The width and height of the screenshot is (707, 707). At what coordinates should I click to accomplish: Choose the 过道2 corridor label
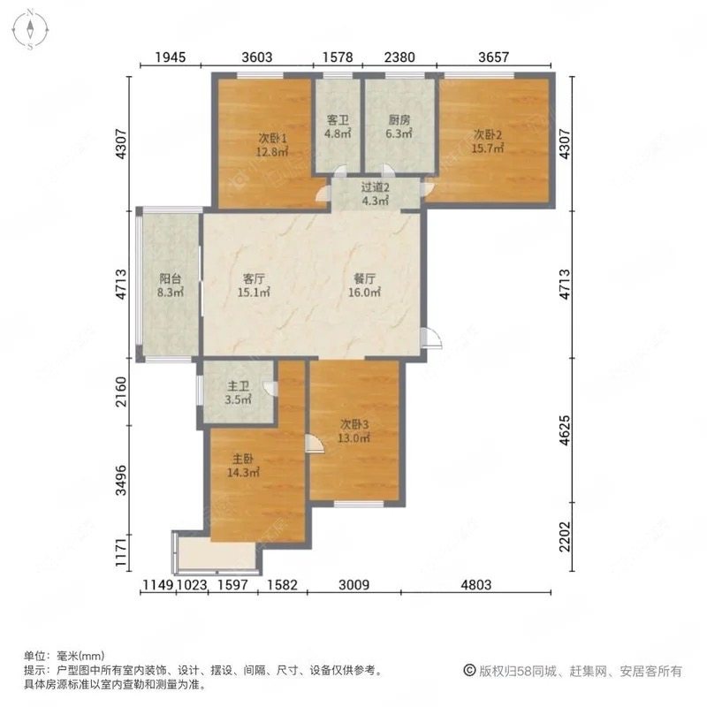tap(376, 194)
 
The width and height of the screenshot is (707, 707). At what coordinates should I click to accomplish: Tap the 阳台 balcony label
tap(171, 286)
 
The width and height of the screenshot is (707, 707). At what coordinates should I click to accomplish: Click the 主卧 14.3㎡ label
tap(245, 466)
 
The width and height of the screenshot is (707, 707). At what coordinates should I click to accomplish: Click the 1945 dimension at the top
tap(171, 57)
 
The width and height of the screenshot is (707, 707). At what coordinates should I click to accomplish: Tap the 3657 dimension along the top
tap(493, 57)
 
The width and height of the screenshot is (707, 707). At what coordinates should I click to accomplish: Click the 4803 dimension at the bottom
tap(477, 583)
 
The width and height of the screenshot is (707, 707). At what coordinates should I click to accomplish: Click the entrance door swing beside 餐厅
tap(430, 338)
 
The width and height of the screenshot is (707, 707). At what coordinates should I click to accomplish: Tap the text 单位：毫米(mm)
tap(64, 657)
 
